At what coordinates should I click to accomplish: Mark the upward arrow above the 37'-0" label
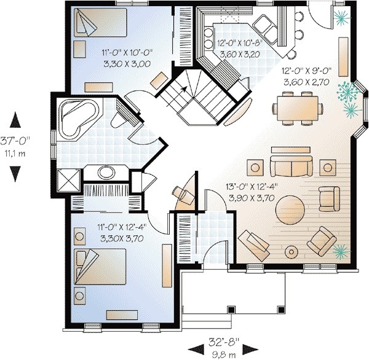tap(15, 122)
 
